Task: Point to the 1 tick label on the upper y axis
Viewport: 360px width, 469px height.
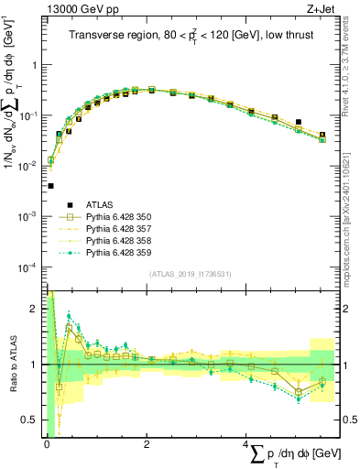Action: coord(34,66)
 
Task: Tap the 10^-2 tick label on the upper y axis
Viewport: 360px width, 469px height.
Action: coord(28,166)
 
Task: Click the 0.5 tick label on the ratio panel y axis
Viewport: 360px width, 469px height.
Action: coord(30,420)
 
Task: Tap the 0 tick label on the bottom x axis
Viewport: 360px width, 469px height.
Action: coord(47,444)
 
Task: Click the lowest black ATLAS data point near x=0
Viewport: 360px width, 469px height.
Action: coord(50,186)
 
